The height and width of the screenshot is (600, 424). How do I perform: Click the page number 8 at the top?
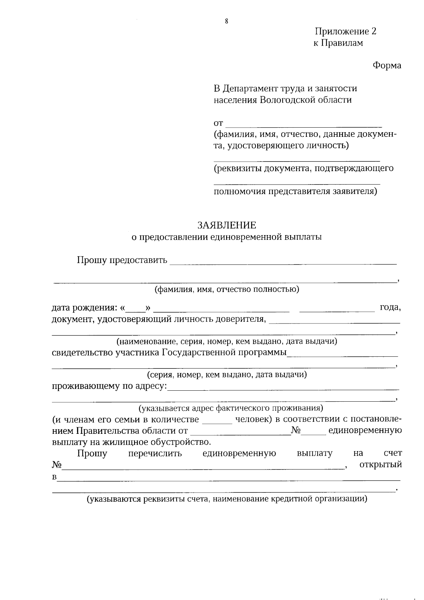(x=226, y=22)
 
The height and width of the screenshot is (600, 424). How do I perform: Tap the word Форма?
(x=387, y=66)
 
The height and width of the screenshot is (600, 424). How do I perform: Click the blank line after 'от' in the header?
(x=304, y=126)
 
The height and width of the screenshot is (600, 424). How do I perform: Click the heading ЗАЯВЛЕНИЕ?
(x=226, y=225)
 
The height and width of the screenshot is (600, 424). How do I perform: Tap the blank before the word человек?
(x=217, y=423)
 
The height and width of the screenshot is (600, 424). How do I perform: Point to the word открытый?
(x=380, y=465)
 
